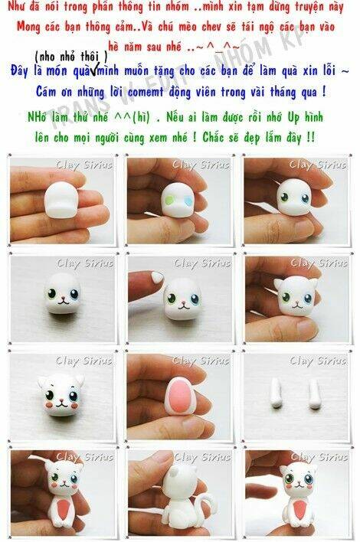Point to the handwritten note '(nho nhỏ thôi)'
(x=71, y=56)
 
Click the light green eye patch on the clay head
(x=169, y=200)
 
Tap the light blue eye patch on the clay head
(x=188, y=201)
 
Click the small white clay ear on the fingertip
(x=157, y=276)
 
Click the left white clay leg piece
(x=276, y=393)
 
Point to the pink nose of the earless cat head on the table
(x=64, y=297)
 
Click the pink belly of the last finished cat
(x=299, y=510)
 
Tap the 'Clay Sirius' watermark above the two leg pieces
(x=318, y=361)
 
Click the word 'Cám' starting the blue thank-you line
(x=46, y=92)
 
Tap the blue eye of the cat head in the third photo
(x=305, y=198)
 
